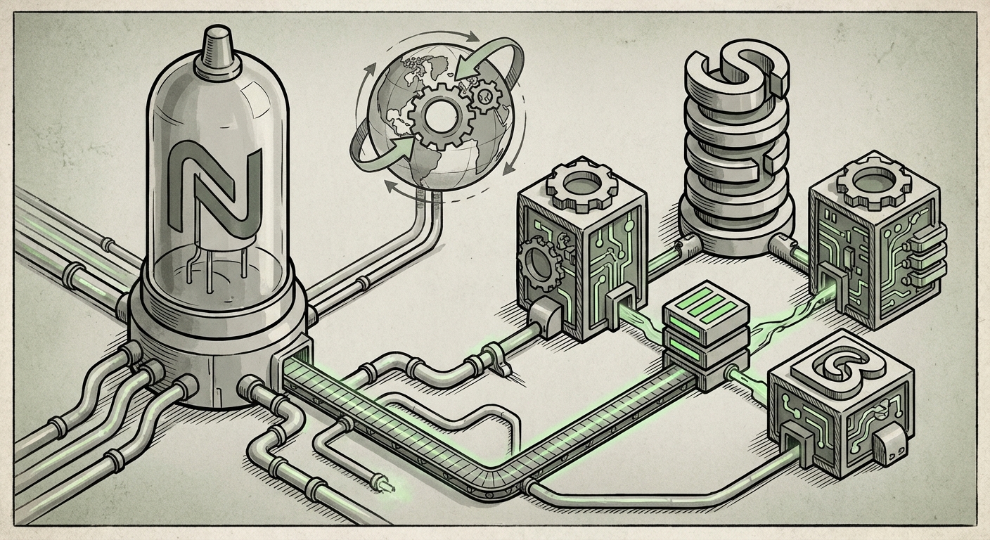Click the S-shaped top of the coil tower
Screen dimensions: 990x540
tap(737, 73)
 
